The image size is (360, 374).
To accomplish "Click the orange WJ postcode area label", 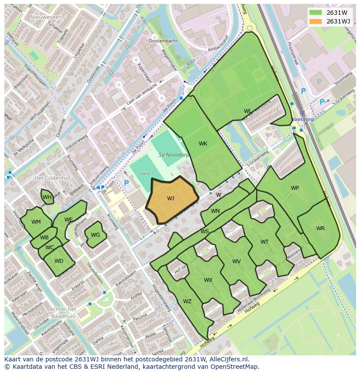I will pyautogui.click(x=170, y=199).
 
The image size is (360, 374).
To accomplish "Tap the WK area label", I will pyautogui.click(x=203, y=144).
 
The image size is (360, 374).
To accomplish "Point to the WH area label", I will pyautogui.click(x=47, y=197).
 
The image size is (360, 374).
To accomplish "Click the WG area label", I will pyautogui.click(x=95, y=235).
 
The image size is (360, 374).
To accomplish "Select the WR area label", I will pyautogui.click(x=320, y=228).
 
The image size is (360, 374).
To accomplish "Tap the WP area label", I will pyautogui.click(x=295, y=188).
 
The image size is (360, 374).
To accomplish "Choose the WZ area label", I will pyautogui.click(x=187, y=301).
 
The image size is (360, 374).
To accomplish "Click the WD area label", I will pyautogui.click(x=59, y=261).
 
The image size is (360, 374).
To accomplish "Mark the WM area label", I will pyautogui.click(x=36, y=222).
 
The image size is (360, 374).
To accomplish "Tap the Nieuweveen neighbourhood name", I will pyautogui.click(x=47, y=17).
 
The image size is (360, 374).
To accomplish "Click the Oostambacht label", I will pyautogui.click(x=163, y=41).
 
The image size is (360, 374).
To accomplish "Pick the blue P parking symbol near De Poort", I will pyautogui.click(x=126, y=183).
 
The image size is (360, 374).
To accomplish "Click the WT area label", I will pyautogui.click(x=264, y=242).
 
